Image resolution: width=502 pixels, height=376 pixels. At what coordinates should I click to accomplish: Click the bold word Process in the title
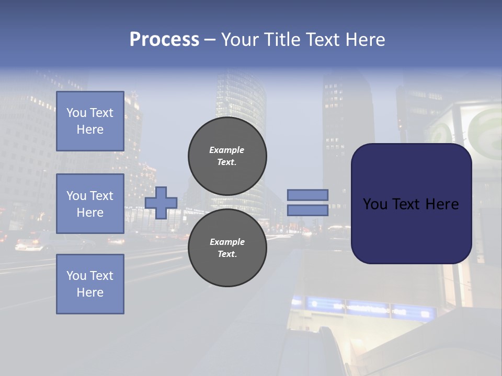click(164, 40)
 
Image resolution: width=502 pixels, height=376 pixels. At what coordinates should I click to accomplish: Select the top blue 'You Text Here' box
click(90, 121)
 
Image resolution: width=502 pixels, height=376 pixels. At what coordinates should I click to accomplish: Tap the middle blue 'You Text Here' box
click(90, 204)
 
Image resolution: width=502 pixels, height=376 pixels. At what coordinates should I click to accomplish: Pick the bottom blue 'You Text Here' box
click(90, 284)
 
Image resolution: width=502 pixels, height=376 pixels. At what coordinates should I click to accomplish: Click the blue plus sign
click(161, 203)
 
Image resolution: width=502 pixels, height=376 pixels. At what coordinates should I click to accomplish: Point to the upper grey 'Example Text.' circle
click(227, 156)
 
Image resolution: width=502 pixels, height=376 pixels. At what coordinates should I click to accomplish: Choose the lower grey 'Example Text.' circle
click(227, 248)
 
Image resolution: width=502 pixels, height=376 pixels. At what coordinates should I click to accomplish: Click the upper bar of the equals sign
click(307, 195)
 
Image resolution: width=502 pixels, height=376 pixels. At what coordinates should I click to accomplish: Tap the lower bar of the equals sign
click(307, 210)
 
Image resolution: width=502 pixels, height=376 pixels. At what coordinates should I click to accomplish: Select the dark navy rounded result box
click(411, 204)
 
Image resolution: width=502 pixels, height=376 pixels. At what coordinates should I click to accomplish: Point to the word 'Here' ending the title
click(367, 40)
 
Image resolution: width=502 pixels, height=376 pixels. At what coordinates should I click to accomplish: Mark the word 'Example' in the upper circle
click(227, 150)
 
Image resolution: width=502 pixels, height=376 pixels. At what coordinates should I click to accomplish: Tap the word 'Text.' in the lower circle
click(227, 254)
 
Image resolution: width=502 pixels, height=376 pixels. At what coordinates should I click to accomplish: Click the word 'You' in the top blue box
click(76, 113)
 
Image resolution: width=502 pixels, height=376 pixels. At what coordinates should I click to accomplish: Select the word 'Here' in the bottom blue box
click(90, 292)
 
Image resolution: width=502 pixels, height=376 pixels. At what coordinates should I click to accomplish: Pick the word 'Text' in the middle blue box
click(101, 196)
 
